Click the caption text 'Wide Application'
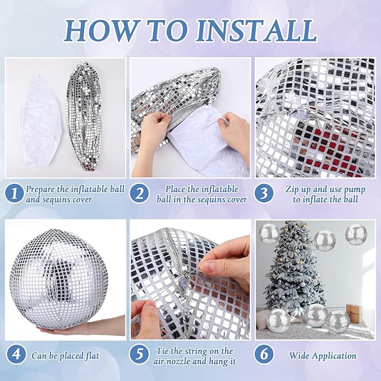pyautogui.click(x=323, y=356)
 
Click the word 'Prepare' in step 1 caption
pyautogui.click(x=42, y=189)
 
